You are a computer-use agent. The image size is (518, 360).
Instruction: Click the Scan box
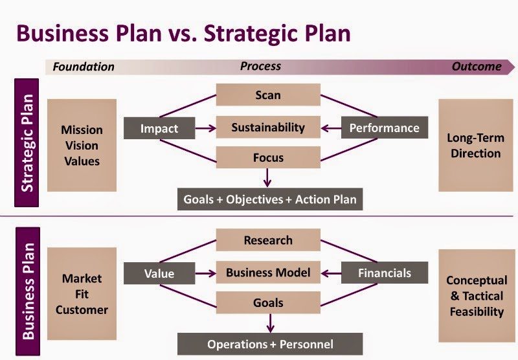click(x=268, y=95)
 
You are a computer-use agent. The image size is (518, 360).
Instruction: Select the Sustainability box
click(x=268, y=128)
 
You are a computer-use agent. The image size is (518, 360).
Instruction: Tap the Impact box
click(x=159, y=128)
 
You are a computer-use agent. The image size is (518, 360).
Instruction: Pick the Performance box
click(x=384, y=128)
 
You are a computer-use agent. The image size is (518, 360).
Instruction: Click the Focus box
click(x=268, y=157)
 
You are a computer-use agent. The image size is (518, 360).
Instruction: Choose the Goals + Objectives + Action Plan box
click(x=270, y=199)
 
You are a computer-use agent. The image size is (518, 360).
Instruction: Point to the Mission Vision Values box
click(x=82, y=146)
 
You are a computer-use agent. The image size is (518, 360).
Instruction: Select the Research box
click(x=268, y=240)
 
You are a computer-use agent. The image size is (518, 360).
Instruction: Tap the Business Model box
click(x=268, y=273)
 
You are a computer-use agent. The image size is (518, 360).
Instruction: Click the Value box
click(x=159, y=273)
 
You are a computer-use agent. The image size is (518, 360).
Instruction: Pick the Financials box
click(x=385, y=273)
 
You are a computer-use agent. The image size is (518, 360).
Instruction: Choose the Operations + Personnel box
click(x=270, y=344)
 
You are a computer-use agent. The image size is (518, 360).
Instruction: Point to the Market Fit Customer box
click(x=82, y=294)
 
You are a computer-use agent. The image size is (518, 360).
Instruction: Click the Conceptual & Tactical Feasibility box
click(x=476, y=296)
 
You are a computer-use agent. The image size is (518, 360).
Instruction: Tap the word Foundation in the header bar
click(x=84, y=67)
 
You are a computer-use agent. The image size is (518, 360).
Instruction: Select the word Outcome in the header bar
click(x=477, y=66)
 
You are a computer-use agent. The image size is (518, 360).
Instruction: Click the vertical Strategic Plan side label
click(x=27, y=144)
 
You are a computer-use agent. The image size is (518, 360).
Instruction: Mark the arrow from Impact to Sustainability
click(x=205, y=128)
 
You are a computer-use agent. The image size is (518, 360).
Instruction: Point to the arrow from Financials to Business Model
click(x=331, y=273)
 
